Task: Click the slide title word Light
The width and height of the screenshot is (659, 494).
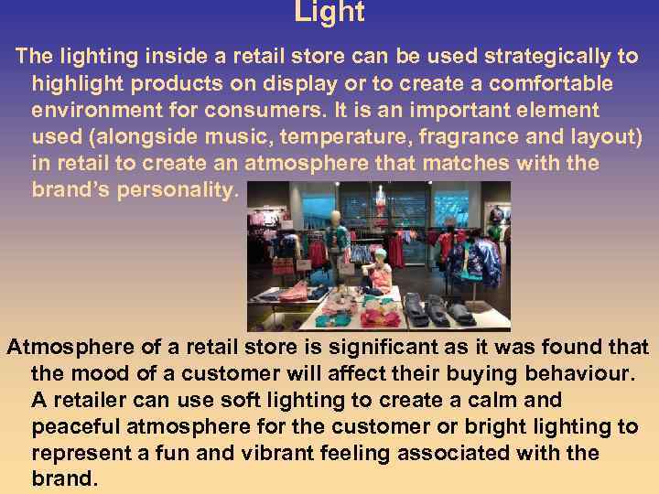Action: point(329,12)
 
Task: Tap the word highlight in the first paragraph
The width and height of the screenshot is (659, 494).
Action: point(80,83)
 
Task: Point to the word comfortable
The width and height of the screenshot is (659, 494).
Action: point(545,83)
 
